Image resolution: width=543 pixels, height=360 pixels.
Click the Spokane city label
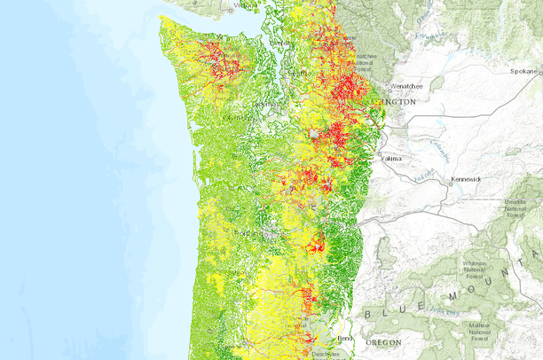[x=526, y=70]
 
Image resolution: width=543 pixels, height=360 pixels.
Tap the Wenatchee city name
[x=402, y=87]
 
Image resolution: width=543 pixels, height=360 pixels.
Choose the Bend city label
[x=346, y=339]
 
